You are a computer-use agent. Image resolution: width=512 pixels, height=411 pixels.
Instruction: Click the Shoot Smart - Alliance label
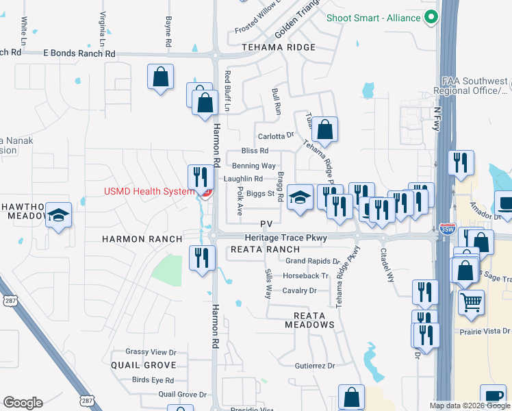tap(374, 17)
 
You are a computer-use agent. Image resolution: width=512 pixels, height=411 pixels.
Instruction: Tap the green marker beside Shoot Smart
tap(431, 17)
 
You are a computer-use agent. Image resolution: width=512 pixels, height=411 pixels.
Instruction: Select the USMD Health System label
tap(149, 191)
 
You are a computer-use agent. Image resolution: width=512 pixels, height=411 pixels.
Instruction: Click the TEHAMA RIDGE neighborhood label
tap(279, 47)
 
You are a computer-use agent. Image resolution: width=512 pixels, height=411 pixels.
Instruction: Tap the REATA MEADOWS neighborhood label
tap(304, 319)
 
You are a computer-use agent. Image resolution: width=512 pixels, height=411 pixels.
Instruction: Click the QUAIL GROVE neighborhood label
tap(144, 365)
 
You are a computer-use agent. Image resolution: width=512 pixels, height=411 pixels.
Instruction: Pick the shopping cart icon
tap(470, 302)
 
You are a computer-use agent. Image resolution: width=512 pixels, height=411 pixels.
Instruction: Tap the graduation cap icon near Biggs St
tap(299, 197)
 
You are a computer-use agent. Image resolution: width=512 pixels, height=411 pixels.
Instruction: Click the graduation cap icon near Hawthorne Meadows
tap(59, 216)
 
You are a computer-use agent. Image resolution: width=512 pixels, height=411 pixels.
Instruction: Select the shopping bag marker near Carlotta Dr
tap(326, 129)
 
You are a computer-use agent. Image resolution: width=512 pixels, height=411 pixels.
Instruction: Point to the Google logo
tap(23, 403)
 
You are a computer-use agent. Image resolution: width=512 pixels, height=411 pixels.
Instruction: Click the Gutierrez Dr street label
tap(314, 366)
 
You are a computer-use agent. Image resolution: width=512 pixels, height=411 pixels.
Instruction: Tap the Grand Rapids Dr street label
tap(313, 261)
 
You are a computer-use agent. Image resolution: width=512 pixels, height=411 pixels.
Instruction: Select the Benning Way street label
tap(254, 166)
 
